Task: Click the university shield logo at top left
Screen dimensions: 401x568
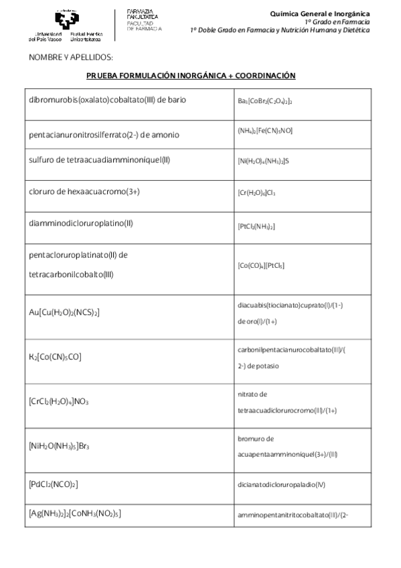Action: pos(66,18)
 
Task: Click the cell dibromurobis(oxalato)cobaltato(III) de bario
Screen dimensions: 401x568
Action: pos(107,100)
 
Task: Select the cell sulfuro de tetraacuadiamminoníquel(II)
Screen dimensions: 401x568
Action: pos(100,160)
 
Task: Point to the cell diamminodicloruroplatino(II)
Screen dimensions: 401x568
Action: pos(86,223)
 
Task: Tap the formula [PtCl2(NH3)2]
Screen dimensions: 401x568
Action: pos(256,226)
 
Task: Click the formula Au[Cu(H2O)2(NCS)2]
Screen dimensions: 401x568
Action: pos(65,312)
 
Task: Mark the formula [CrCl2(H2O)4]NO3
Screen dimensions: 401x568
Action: pos(59,401)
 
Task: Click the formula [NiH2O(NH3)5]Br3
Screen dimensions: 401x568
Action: pos(60,445)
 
